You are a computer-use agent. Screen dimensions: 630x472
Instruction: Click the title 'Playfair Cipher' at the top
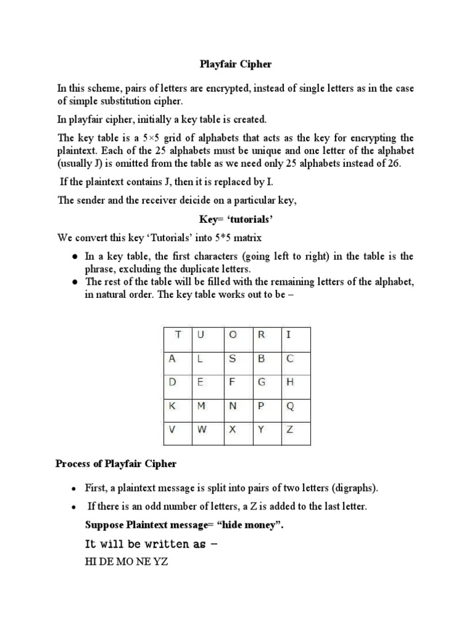pos(235,63)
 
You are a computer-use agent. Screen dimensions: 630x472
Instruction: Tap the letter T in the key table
pos(178,335)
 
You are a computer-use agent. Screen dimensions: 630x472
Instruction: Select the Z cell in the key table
pos(289,430)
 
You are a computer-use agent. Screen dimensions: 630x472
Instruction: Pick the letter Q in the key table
pos(289,406)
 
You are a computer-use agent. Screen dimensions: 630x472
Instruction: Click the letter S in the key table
pos(232,359)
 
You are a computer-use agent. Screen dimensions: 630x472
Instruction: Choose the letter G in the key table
pos(261,382)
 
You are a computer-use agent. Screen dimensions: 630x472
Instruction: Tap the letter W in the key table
pos(202,430)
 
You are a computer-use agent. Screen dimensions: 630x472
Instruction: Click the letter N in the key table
pos(232,406)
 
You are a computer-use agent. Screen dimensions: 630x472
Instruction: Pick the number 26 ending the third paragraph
pos(392,165)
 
